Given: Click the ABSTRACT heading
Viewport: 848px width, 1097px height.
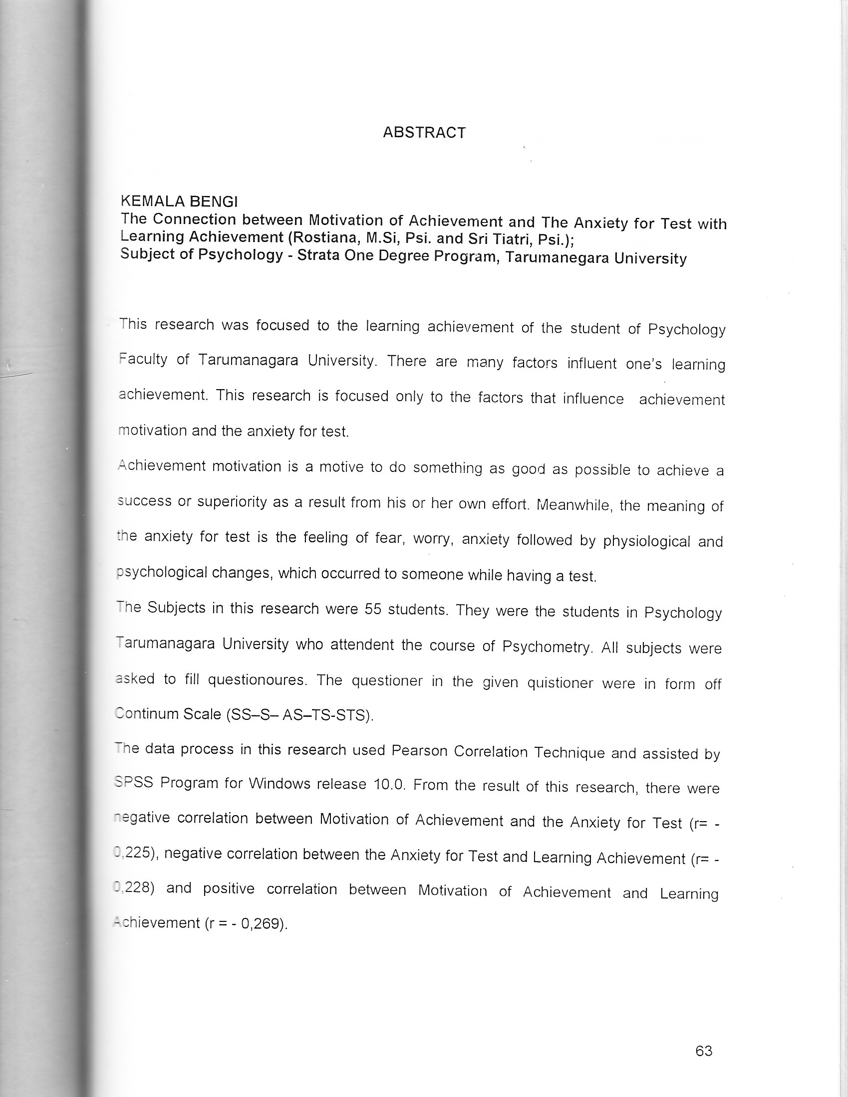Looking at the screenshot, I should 424,133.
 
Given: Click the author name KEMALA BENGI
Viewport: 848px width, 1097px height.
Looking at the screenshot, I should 179,202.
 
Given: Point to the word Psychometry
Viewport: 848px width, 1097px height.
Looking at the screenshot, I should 546,647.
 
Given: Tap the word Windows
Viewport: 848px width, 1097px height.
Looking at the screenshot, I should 280,784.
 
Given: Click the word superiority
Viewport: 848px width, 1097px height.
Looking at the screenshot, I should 232,502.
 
